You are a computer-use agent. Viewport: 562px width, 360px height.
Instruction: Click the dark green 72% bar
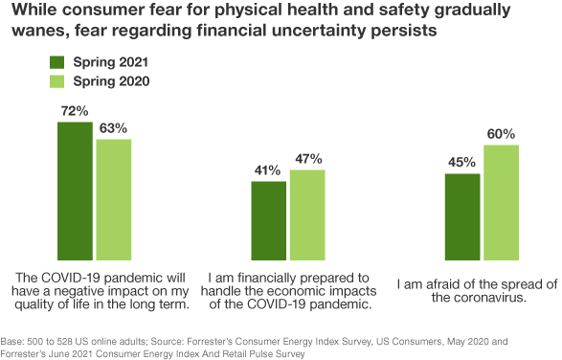point(75,191)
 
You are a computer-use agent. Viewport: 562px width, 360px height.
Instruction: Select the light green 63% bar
point(114,199)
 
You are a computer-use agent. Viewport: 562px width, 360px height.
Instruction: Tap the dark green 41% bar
point(269,220)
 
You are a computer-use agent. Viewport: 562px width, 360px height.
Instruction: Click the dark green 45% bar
point(462,216)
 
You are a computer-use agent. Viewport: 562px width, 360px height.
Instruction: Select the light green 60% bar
point(501,202)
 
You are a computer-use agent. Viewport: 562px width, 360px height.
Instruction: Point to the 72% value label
point(75,112)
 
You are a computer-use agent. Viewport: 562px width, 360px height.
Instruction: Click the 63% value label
point(114,127)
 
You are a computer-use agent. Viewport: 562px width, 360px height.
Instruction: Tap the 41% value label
point(268,170)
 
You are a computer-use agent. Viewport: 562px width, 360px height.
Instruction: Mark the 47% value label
point(308,159)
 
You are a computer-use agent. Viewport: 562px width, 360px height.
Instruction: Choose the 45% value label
point(462,162)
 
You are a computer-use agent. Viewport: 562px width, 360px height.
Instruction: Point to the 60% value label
point(501,133)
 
